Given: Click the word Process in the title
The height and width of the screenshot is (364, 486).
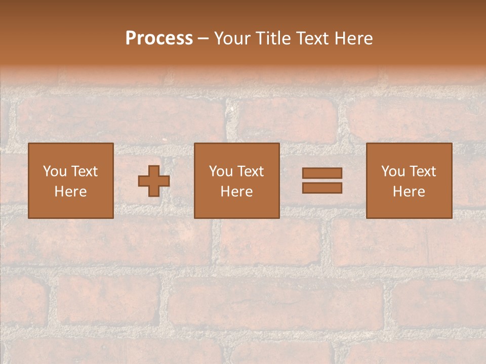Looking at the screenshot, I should pyautogui.click(x=159, y=38).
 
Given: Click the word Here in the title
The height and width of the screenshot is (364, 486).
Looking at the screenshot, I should pyautogui.click(x=355, y=38).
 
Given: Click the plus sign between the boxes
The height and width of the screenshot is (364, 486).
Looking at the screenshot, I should pyautogui.click(x=154, y=181).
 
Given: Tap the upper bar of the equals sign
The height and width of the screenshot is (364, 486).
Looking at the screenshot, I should pyautogui.click(x=322, y=173).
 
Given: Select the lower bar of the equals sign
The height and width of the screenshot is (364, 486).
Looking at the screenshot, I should pyautogui.click(x=322, y=188).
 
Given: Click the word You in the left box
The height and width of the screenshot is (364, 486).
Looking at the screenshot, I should pyautogui.click(x=55, y=171).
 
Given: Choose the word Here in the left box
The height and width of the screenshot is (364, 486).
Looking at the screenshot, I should pyautogui.click(x=70, y=192).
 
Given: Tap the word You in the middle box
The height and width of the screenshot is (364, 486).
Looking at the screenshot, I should pyautogui.click(x=221, y=171).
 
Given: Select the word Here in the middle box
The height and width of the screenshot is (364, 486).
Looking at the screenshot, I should pyautogui.click(x=236, y=192).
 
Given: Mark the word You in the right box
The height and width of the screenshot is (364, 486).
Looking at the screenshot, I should pyautogui.click(x=393, y=171).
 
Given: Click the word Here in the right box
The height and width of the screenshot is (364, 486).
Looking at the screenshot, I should pyautogui.click(x=409, y=192).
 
